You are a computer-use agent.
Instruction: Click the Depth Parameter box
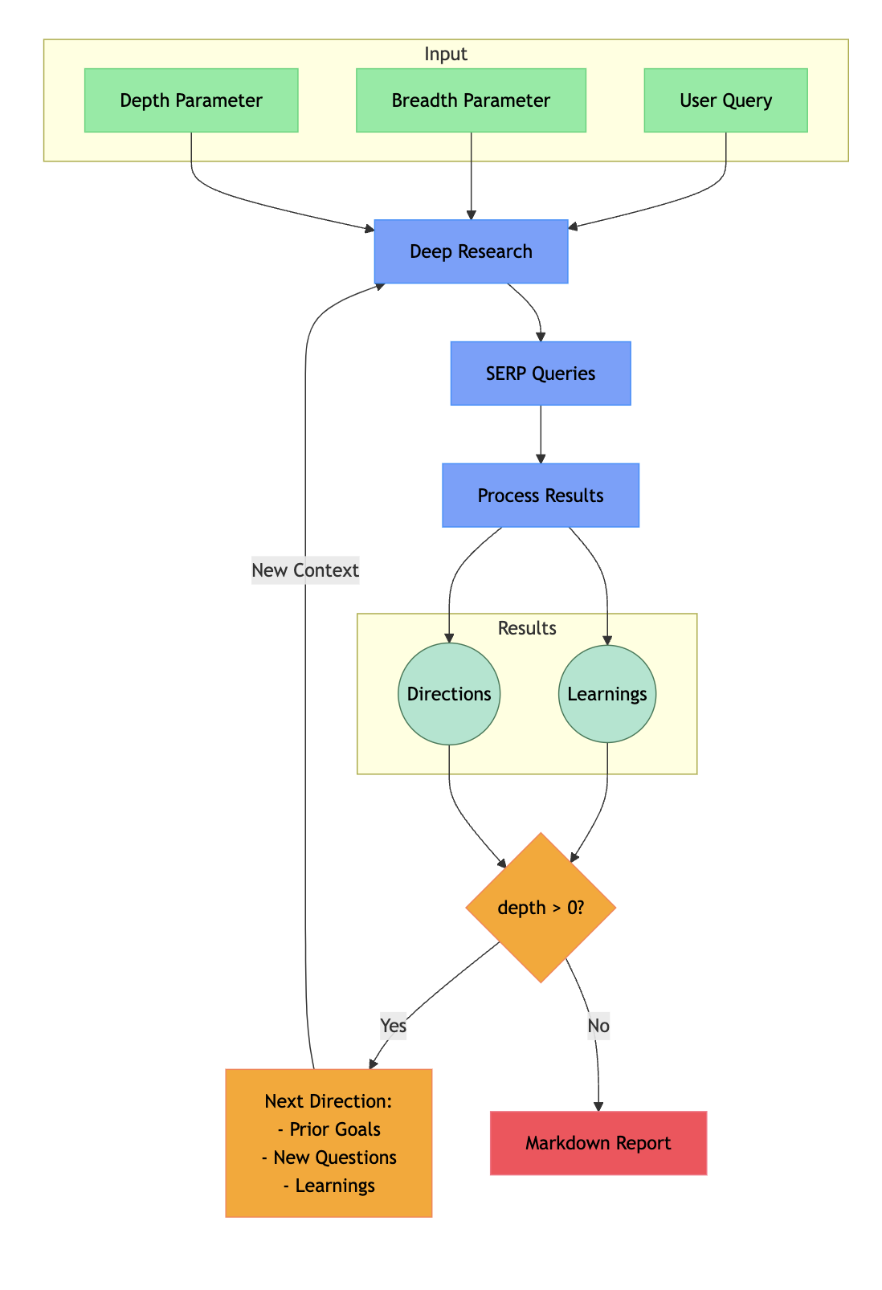[191, 100]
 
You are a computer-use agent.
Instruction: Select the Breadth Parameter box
[471, 100]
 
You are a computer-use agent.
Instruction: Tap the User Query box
[725, 100]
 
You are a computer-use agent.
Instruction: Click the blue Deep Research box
[471, 251]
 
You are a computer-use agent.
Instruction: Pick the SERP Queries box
[541, 374]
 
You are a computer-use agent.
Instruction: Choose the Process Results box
[541, 496]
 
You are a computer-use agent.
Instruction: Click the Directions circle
[449, 694]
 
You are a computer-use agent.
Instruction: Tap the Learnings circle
[607, 694]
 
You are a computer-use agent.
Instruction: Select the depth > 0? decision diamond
[541, 908]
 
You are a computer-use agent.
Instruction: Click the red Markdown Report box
[598, 1143]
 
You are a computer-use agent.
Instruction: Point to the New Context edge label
[305, 570]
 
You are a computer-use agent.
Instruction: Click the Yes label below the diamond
[394, 1026]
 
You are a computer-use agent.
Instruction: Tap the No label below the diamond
[598, 1026]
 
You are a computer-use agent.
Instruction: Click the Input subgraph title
[446, 54]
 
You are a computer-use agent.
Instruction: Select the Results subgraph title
[527, 628]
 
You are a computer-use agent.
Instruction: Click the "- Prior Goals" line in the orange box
[329, 1129]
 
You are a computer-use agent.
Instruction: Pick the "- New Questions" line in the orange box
[329, 1157]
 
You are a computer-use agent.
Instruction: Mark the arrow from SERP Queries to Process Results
[541, 434]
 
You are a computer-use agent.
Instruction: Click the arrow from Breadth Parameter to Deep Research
[471, 175]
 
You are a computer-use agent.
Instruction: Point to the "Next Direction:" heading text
[329, 1100]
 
